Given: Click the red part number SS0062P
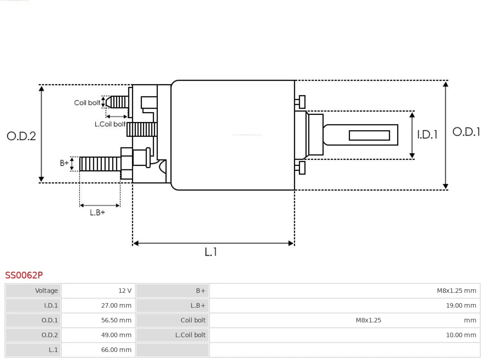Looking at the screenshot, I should (x=24, y=275).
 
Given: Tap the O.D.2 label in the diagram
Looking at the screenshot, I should (x=21, y=136).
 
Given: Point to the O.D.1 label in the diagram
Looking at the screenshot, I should (x=466, y=132).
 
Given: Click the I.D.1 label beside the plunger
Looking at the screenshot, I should (x=427, y=134).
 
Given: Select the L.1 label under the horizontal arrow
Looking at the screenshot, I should (x=211, y=252).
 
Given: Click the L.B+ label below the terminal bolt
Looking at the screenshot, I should (x=97, y=212).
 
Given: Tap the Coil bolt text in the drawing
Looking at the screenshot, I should (x=87, y=103).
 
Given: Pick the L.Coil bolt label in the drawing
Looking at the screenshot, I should (x=110, y=124).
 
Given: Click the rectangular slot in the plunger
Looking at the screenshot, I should (x=369, y=135).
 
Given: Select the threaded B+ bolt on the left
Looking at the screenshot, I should (x=100, y=164).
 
